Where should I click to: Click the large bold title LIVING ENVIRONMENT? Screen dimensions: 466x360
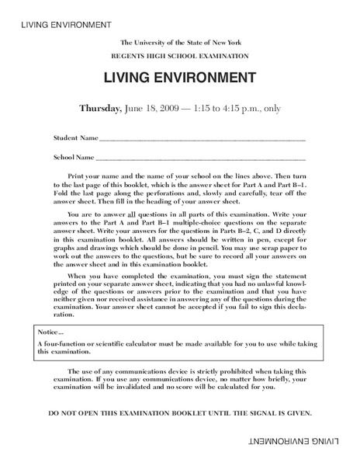click(x=179, y=78)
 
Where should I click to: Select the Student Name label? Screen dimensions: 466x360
click(x=76, y=137)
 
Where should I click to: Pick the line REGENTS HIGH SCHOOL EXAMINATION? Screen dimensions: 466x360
click(x=179, y=57)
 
